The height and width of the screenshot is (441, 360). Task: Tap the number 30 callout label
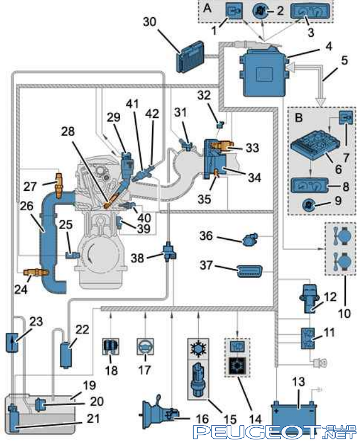[149, 22]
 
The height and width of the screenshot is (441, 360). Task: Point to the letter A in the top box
[207, 8]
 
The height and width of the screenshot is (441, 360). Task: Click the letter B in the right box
[298, 117]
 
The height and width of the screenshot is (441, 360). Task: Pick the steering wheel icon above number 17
[145, 346]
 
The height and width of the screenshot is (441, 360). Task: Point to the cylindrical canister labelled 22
[66, 354]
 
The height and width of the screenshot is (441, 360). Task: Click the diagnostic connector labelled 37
[249, 271]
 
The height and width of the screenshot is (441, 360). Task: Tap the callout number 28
[68, 132]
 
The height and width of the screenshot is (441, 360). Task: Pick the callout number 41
[132, 104]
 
